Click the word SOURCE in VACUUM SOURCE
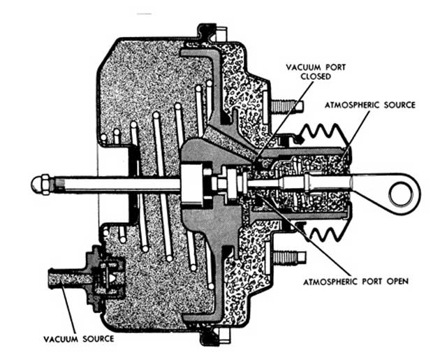(98, 339)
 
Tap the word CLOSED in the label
(316, 76)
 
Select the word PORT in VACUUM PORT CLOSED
(335, 67)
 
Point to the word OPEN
(397, 281)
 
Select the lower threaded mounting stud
(289, 257)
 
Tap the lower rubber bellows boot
(324, 231)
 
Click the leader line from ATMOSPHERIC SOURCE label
(356, 135)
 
